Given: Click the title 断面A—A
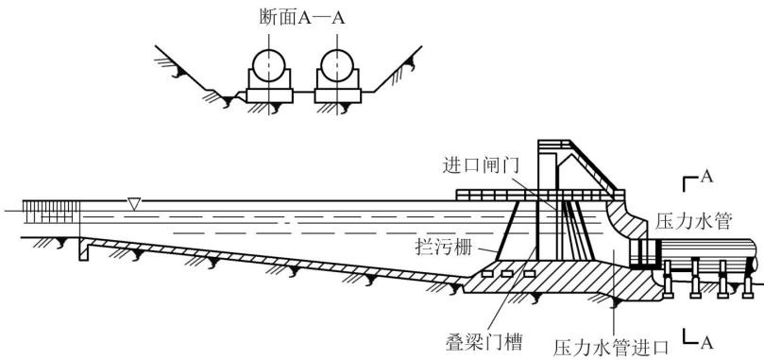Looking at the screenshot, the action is (302, 18).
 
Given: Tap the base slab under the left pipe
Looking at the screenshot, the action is (269, 95).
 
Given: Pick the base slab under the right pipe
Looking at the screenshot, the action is (338, 95).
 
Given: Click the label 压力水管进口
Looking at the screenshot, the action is (610, 348).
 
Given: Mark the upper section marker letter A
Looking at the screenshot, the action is (706, 177).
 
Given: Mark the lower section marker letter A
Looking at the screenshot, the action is (706, 343).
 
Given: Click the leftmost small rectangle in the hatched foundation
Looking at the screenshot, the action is (486, 274).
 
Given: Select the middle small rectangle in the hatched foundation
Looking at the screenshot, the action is (507, 274).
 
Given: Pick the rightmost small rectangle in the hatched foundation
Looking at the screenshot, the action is (529, 274).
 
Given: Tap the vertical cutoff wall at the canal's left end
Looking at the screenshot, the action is (83, 249).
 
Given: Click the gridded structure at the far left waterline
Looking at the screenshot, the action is (51, 212).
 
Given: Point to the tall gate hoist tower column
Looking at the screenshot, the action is (546, 200).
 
